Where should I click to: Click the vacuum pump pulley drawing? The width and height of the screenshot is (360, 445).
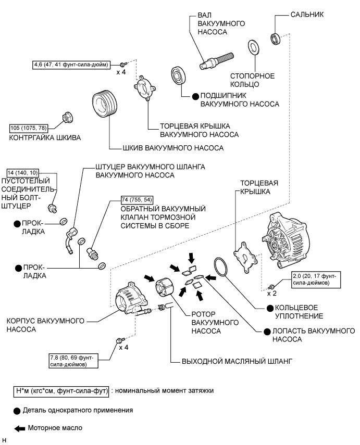(105, 104)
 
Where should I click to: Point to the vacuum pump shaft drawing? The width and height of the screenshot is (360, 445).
(217, 60)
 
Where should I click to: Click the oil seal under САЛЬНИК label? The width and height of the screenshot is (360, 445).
(275, 39)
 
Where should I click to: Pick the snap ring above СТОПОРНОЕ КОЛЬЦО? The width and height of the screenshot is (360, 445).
(253, 47)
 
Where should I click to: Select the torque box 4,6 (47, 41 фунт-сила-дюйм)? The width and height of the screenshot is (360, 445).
(71, 65)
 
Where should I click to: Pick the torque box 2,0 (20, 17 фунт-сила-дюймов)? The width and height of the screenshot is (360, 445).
(316, 279)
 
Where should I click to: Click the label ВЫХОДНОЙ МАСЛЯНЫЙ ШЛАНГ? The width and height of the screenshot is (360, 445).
(237, 361)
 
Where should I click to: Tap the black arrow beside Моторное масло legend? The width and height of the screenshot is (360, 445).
(20, 428)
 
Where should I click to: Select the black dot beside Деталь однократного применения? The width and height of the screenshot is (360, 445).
(17, 411)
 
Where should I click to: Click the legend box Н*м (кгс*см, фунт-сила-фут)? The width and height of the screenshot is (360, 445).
(61, 391)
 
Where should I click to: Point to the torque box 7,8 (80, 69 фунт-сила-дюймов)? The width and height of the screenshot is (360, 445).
(73, 361)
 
